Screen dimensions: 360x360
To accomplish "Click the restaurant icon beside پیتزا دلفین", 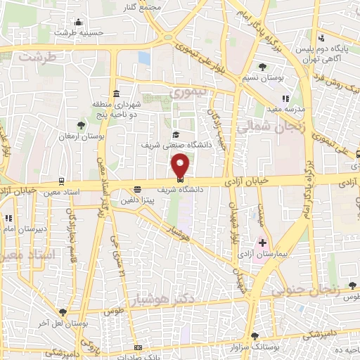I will tap(138, 188).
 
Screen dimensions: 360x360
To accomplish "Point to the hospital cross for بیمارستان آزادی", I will tap(262, 242).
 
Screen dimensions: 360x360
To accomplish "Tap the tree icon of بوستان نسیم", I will tap(262, 67).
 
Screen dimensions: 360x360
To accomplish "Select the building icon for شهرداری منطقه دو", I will tap(115, 94).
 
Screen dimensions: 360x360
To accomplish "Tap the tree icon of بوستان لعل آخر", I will tap(63, 311).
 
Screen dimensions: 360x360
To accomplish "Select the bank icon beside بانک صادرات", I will tap(138, 347).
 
